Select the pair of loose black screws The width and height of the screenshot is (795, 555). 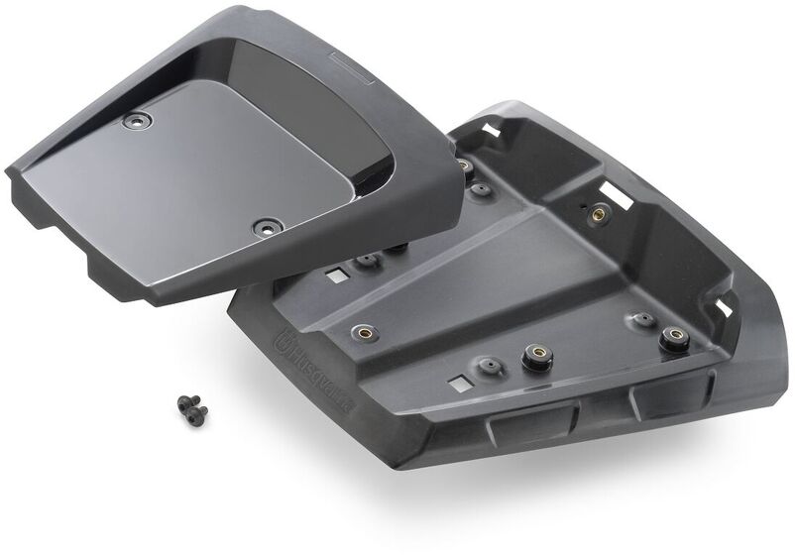coord(192,408)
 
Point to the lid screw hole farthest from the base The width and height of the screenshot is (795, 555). coord(137,120)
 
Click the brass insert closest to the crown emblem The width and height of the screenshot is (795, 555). coord(365,332)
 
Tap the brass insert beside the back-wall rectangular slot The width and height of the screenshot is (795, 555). coord(599,213)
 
